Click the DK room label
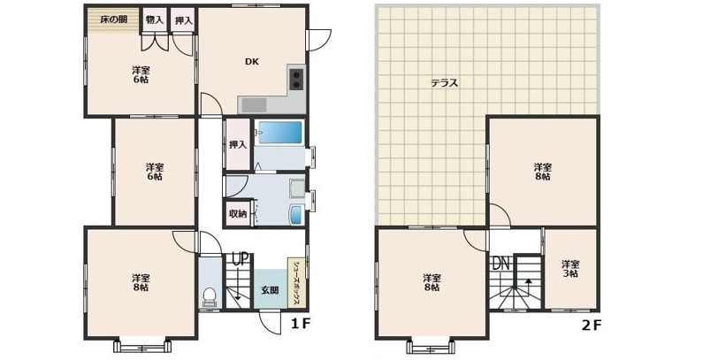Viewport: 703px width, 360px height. [x=251, y=62]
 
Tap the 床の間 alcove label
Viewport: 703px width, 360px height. [x=112, y=19]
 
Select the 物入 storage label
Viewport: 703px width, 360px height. [x=155, y=19]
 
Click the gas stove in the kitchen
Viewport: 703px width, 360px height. [x=294, y=79]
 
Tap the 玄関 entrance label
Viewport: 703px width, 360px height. [x=269, y=290]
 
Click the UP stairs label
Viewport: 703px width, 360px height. [x=238, y=259]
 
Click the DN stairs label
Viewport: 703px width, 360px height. [x=501, y=263]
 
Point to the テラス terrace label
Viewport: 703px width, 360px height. [x=444, y=83]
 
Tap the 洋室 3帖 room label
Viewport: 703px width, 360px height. [x=569, y=269]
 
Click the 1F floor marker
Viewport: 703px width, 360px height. [x=301, y=324]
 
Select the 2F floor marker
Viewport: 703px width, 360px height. [x=592, y=325]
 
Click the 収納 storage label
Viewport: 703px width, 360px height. [x=237, y=213]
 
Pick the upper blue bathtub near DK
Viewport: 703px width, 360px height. [x=280, y=134]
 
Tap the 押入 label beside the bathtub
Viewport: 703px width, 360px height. [x=237, y=145]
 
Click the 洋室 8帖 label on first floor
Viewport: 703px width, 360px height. [x=140, y=281]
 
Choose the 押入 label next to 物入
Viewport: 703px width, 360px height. [x=183, y=19]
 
